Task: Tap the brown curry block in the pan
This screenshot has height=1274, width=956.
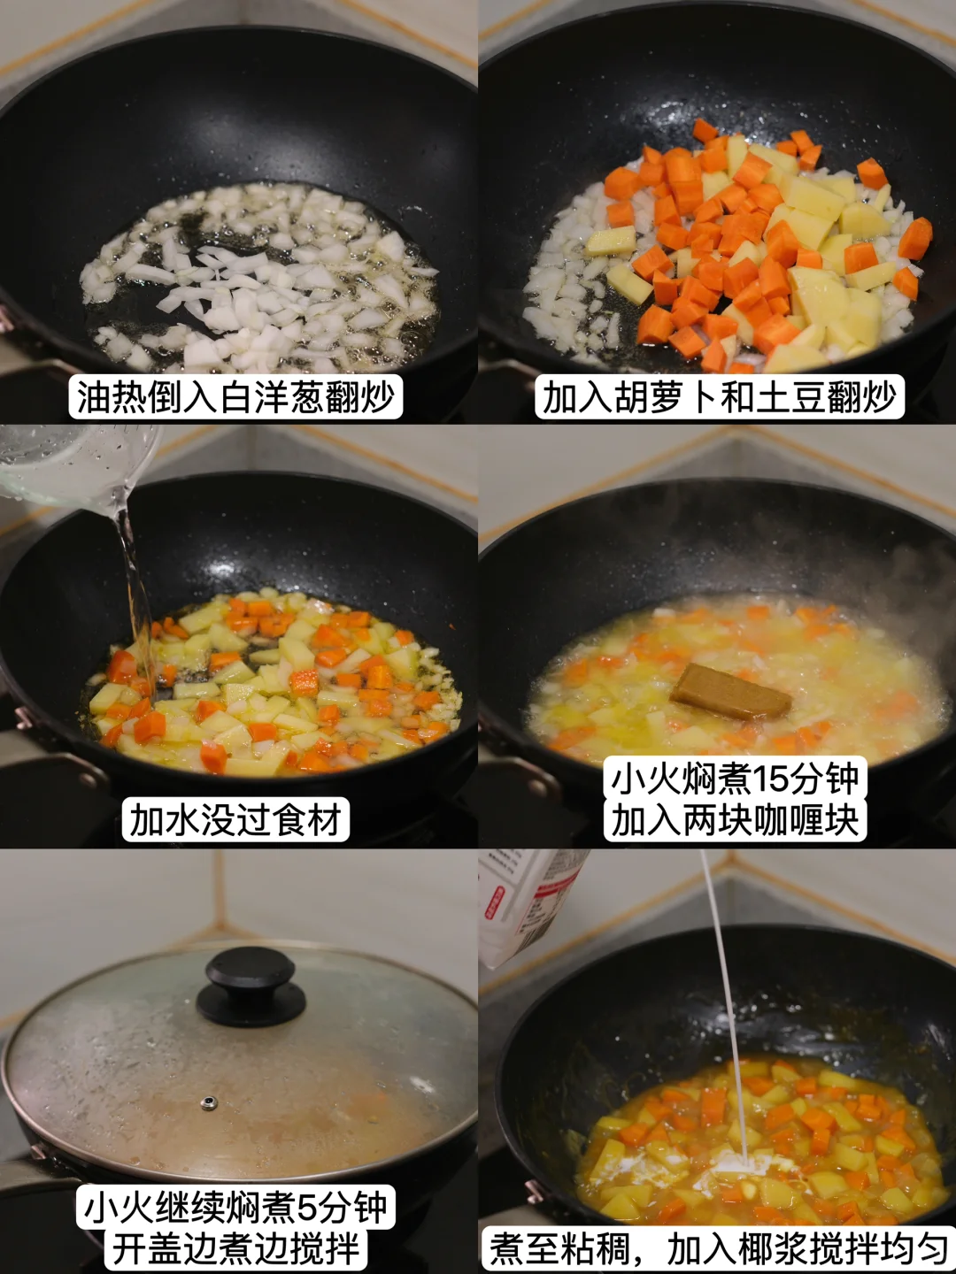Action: click(x=731, y=692)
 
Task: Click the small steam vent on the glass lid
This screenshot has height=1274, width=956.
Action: click(x=208, y=1102)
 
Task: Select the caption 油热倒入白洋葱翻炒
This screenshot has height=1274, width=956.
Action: click(x=235, y=397)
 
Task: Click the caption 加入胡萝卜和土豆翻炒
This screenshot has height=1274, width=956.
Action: click(x=719, y=397)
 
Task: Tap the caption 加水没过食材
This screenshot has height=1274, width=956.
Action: click(x=235, y=820)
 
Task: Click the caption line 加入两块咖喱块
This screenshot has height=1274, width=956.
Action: click(x=735, y=819)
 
